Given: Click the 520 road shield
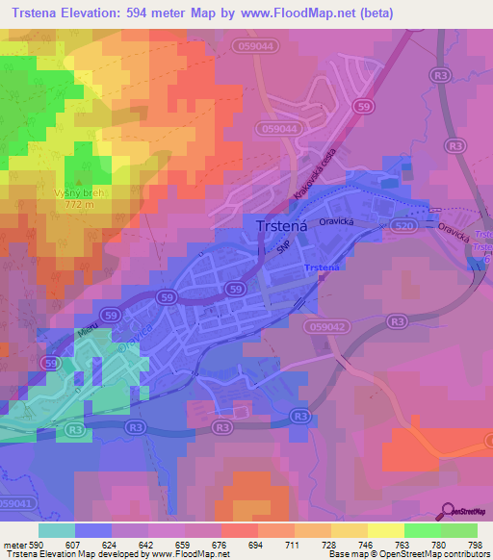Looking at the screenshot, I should [x=403, y=225].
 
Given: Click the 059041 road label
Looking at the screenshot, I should [x=20, y=503].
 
